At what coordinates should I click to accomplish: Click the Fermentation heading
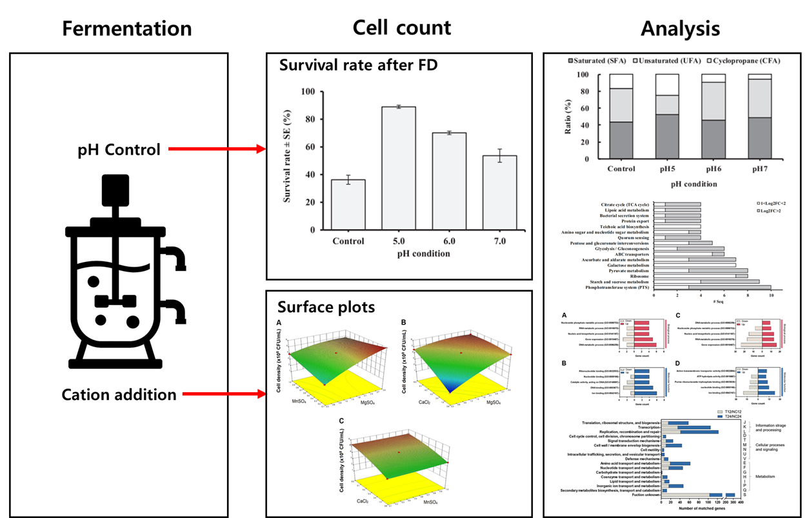(126, 29)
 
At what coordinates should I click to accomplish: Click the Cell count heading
(401, 27)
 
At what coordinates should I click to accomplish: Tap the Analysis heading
(680, 29)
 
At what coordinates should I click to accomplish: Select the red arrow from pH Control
(217, 150)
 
